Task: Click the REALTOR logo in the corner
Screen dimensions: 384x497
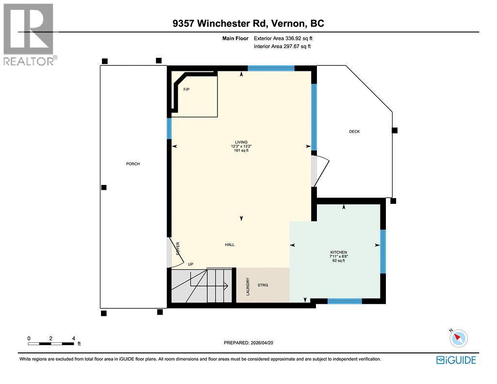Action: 29,34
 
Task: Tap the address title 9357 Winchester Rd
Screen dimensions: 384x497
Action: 248,23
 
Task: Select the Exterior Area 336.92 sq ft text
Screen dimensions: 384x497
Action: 286,38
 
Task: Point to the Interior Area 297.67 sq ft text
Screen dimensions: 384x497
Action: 282,47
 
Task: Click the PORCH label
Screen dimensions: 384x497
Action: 133,164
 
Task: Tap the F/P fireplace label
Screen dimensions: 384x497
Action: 186,90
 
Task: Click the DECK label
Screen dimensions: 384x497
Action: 354,132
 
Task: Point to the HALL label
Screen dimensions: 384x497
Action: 230,245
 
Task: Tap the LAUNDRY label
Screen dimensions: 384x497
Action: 248,286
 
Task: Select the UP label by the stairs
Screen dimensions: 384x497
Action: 191,265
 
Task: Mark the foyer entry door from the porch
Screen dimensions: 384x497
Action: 171,252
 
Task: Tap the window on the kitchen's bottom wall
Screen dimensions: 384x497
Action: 345,301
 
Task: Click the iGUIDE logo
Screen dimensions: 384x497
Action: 456,360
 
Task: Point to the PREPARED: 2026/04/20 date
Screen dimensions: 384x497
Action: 251,343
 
